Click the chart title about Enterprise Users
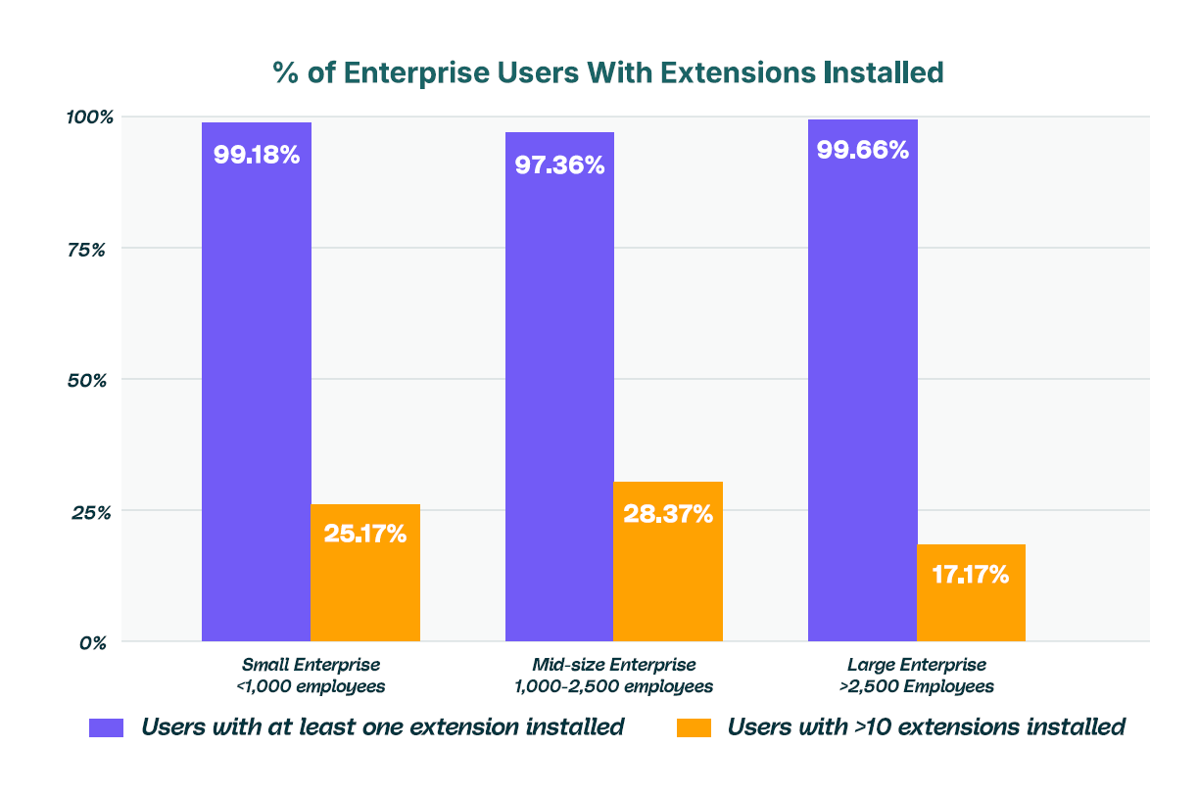click(x=607, y=73)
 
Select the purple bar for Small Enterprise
click(x=257, y=392)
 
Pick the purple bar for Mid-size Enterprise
click(x=559, y=392)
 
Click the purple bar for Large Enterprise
click(x=863, y=392)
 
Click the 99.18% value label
click(x=257, y=155)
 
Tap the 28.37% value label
click(x=668, y=513)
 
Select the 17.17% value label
click(x=971, y=574)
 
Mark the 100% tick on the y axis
click(x=90, y=117)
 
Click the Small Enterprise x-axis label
click(x=311, y=676)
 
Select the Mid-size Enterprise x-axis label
click(x=613, y=676)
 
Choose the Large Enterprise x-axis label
click(x=917, y=676)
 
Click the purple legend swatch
click(x=107, y=727)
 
